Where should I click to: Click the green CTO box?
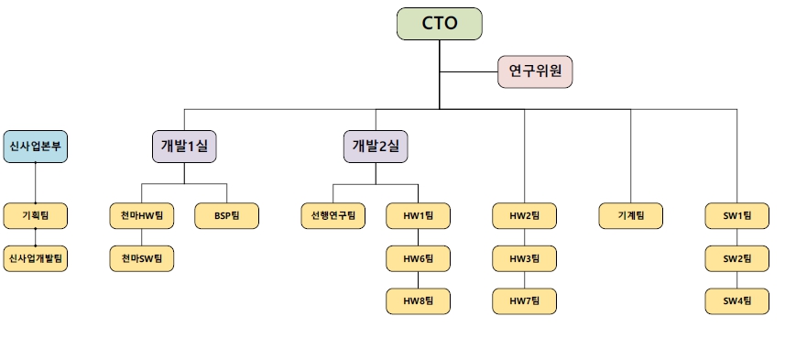[439, 24]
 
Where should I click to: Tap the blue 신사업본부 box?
[35, 147]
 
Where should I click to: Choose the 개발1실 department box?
[184, 147]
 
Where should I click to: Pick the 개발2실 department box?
[376, 147]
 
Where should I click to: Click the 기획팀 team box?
[35, 215]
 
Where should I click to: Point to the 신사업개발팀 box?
[35, 258]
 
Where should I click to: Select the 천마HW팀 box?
[141, 215]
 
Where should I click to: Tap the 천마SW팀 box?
[141, 258]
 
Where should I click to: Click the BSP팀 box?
[226, 215]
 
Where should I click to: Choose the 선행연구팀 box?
[333, 215]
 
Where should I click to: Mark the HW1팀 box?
[418, 215]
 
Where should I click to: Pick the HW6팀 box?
[418, 258]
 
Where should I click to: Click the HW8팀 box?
[418, 300]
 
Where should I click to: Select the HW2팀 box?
[525, 215]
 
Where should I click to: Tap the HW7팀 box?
[525, 300]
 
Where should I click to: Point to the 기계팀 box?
[631, 215]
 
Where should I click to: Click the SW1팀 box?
[736, 215]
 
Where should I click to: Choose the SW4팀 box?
[736, 300]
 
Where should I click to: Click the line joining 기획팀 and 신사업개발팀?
[35, 237]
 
